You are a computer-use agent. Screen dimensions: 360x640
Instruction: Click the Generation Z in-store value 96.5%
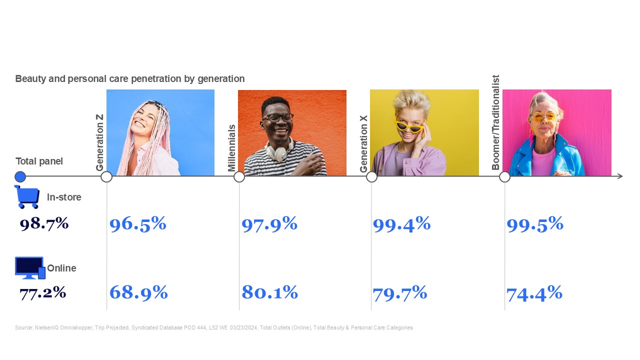(x=137, y=224)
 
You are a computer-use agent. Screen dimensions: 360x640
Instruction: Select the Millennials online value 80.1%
(x=269, y=292)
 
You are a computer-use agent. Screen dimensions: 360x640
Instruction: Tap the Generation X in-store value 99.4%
(x=401, y=224)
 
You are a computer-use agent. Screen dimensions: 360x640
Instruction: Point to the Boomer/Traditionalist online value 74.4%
(x=534, y=293)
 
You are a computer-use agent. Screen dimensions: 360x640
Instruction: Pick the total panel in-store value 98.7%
(x=44, y=223)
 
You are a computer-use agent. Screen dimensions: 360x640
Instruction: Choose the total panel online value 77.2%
(x=42, y=292)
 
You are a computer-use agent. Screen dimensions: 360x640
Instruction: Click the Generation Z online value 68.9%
(x=138, y=292)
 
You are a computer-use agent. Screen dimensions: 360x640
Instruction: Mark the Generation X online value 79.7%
(x=399, y=292)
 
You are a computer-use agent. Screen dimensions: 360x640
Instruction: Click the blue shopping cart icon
(x=27, y=196)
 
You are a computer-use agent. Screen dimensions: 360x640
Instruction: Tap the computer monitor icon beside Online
(x=29, y=267)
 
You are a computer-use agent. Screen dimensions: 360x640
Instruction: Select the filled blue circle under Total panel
(x=20, y=176)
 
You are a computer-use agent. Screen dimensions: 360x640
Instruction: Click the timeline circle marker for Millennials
(x=239, y=176)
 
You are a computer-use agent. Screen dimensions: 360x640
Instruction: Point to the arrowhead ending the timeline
(x=620, y=176)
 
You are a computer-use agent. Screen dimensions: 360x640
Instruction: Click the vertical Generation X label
(x=364, y=143)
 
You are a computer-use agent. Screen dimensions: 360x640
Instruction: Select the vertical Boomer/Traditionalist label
(x=496, y=122)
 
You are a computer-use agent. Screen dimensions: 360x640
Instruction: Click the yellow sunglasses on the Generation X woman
(x=409, y=127)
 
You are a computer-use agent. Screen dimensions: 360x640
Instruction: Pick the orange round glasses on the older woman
(x=543, y=117)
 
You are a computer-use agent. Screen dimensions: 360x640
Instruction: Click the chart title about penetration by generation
(x=130, y=79)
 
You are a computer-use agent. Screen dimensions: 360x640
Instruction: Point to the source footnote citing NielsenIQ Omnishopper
(x=214, y=327)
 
